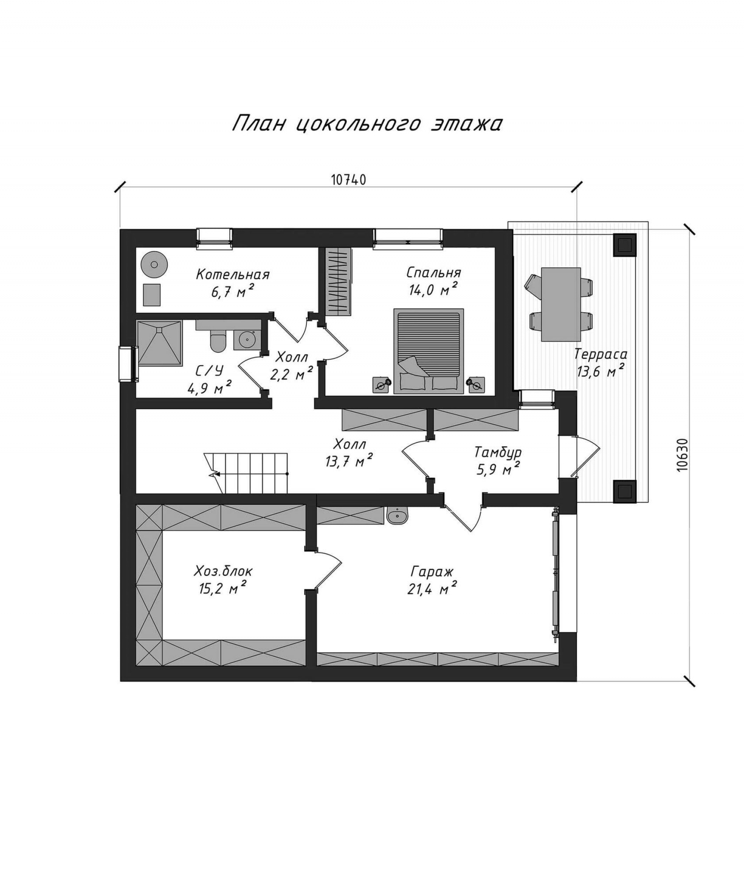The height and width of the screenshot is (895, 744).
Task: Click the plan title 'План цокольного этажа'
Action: pyautogui.click(x=367, y=124)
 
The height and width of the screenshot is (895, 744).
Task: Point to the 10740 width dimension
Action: pyautogui.click(x=348, y=180)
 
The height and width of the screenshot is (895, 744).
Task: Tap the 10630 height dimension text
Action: pyautogui.click(x=682, y=455)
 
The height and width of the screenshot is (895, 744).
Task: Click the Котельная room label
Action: pyautogui.click(x=233, y=274)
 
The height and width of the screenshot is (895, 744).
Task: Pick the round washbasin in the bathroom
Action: pyautogui.click(x=247, y=340)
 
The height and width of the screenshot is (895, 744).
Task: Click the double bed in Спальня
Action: pyautogui.click(x=429, y=351)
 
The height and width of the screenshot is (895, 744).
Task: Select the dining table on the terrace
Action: pyautogui.click(x=561, y=304)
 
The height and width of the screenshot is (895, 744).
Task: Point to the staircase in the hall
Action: pyautogui.click(x=246, y=473)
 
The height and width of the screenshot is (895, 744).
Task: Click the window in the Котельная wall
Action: pyautogui.click(x=214, y=238)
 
